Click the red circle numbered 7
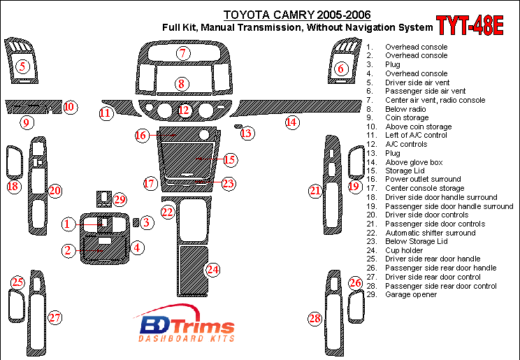[183, 53]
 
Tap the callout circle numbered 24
[212, 269]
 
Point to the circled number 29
[120, 200]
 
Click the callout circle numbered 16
[142, 134]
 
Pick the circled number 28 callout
[315, 319]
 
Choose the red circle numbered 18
[13, 187]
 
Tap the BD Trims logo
[185, 327]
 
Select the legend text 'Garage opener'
[411, 294]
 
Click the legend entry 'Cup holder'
[405, 250]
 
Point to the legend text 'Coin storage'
[407, 117]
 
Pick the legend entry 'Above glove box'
[414, 162]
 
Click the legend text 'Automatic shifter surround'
[430, 233]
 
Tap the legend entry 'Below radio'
[405, 109]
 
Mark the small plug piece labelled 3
[136, 222]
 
